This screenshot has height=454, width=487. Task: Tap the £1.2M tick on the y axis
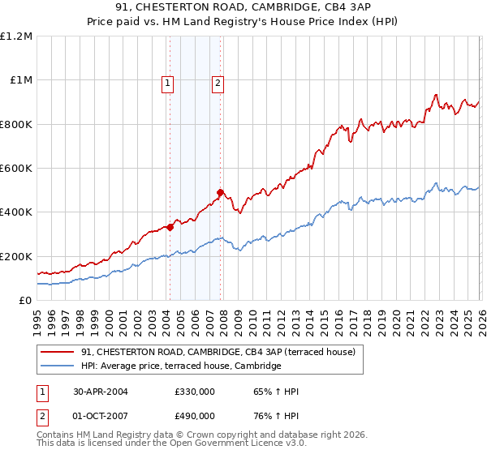16,36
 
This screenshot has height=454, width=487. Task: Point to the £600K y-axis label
16,169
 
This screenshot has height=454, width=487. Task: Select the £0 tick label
24,300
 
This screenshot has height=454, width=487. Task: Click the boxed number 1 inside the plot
167,82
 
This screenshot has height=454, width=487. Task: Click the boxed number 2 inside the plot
218,82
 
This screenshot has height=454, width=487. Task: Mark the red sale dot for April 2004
170,228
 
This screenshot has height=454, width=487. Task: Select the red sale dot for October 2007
220,193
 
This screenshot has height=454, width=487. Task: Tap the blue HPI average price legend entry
180,366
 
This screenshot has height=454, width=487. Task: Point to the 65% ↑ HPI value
277,392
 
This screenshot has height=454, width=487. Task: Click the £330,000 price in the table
194,392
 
